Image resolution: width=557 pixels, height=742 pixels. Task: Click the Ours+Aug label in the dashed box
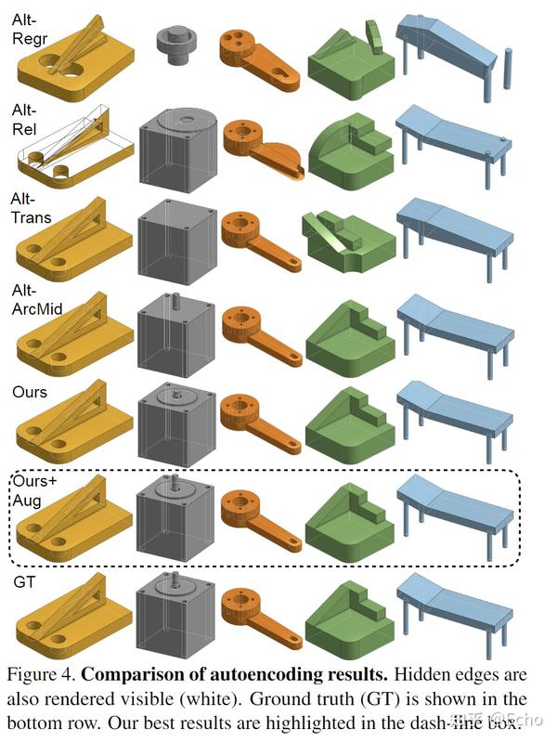coord(37,490)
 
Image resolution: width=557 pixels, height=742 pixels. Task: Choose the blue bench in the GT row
coord(454,607)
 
